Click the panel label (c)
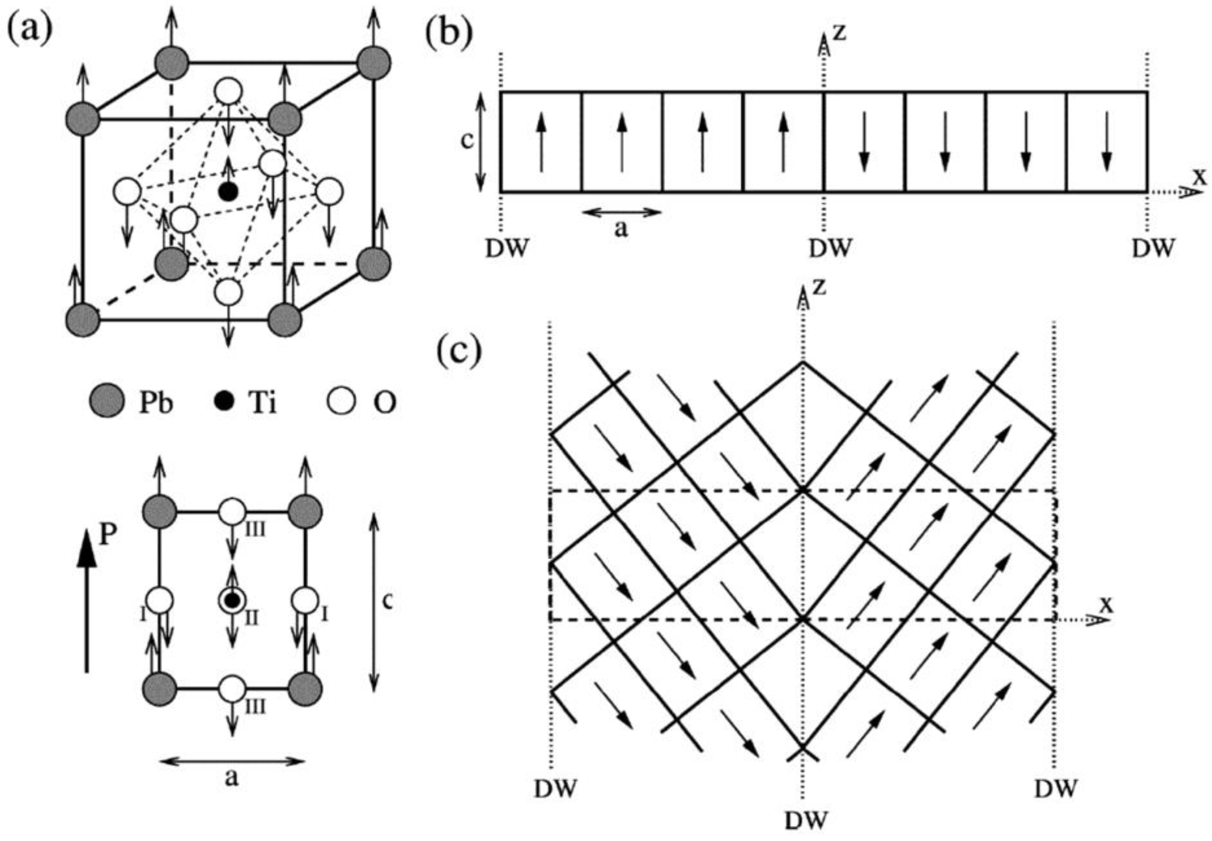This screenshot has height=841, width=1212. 459,351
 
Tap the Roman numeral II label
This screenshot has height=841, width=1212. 252,618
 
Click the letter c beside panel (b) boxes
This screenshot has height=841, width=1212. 467,141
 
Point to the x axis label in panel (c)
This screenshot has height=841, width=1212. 1106,605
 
